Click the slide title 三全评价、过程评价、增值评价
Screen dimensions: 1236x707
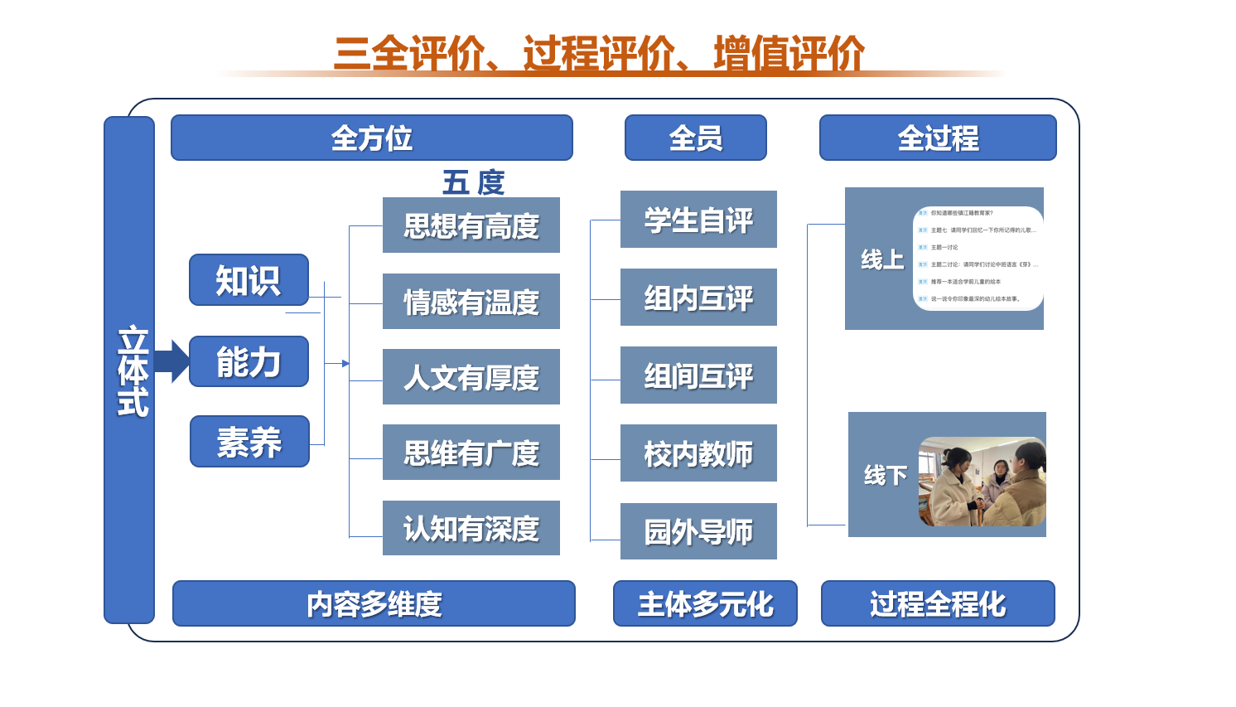(598, 54)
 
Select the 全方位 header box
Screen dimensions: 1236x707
(371, 138)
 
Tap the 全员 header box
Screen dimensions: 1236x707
(695, 138)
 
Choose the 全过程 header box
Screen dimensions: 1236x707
(938, 138)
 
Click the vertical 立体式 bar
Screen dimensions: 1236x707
(130, 370)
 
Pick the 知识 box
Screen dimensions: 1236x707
(249, 280)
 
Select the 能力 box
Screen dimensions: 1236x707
(249, 361)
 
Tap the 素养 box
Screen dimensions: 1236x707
(249, 442)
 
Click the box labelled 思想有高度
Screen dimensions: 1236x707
(471, 225)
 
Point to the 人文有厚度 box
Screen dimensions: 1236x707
(471, 377)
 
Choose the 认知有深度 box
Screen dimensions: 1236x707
(471, 528)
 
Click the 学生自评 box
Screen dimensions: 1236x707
(698, 220)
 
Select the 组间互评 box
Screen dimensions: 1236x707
(698, 375)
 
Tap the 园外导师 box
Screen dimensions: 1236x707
(698, 531)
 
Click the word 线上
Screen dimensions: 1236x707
(881, 259)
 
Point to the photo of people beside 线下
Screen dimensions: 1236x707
(982, 482)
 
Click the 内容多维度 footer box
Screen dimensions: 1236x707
(374, 603)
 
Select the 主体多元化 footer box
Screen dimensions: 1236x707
(705, 603)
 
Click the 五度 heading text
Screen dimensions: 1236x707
(473, 182)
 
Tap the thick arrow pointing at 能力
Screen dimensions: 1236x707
(172, 361)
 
